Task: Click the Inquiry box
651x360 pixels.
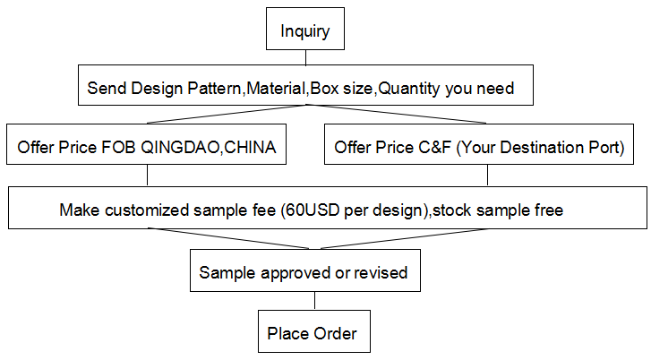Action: coord(305,29)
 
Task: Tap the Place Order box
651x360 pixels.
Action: coord(314,331)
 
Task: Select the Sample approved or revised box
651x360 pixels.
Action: coord(305,270)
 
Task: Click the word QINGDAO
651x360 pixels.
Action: coord(179,148)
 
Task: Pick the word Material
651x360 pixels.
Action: coord(276,88)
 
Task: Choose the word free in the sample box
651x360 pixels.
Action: coord(549,210)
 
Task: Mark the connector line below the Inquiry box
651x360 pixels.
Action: coord(306,57)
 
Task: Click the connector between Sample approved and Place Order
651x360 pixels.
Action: coord(314,301)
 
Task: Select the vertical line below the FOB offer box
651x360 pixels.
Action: coord(148,176)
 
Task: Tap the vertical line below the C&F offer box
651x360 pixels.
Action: coord(487,176)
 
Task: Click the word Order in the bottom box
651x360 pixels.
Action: coord(335,333)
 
